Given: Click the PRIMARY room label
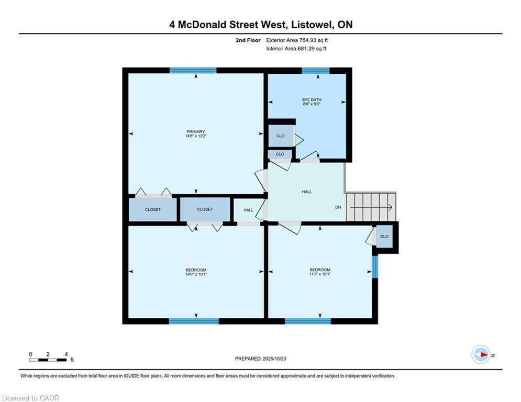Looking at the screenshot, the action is pos(195,131).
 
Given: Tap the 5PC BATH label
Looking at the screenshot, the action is pos(312,99).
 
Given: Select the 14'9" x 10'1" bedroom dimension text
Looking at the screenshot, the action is pos(196,274).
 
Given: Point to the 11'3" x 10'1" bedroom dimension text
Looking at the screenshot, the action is pos(319,274).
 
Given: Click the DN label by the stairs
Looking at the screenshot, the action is pos(338,207).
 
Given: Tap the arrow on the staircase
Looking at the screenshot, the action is pos(371,207).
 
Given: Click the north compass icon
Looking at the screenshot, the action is pos(481,355).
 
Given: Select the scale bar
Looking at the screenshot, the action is pos(48,360).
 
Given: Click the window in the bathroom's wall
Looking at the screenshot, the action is pos(315,71).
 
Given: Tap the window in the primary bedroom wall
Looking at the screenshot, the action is pos(193,71).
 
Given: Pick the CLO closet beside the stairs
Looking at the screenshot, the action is pos(384,237).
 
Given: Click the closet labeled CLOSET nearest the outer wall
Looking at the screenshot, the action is pos(153,210).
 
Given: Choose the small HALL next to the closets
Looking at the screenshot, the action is pos(249,210).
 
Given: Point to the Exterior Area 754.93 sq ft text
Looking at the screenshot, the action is pos(297,40).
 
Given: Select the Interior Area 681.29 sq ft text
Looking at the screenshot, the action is pos(296,49).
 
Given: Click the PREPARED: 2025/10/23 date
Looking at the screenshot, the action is pos(261,359).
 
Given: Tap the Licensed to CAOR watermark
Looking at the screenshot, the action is pos(30,398).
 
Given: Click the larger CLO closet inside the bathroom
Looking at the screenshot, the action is pos(281,136).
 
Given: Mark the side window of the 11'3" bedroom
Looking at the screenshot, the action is pos(375,267).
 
